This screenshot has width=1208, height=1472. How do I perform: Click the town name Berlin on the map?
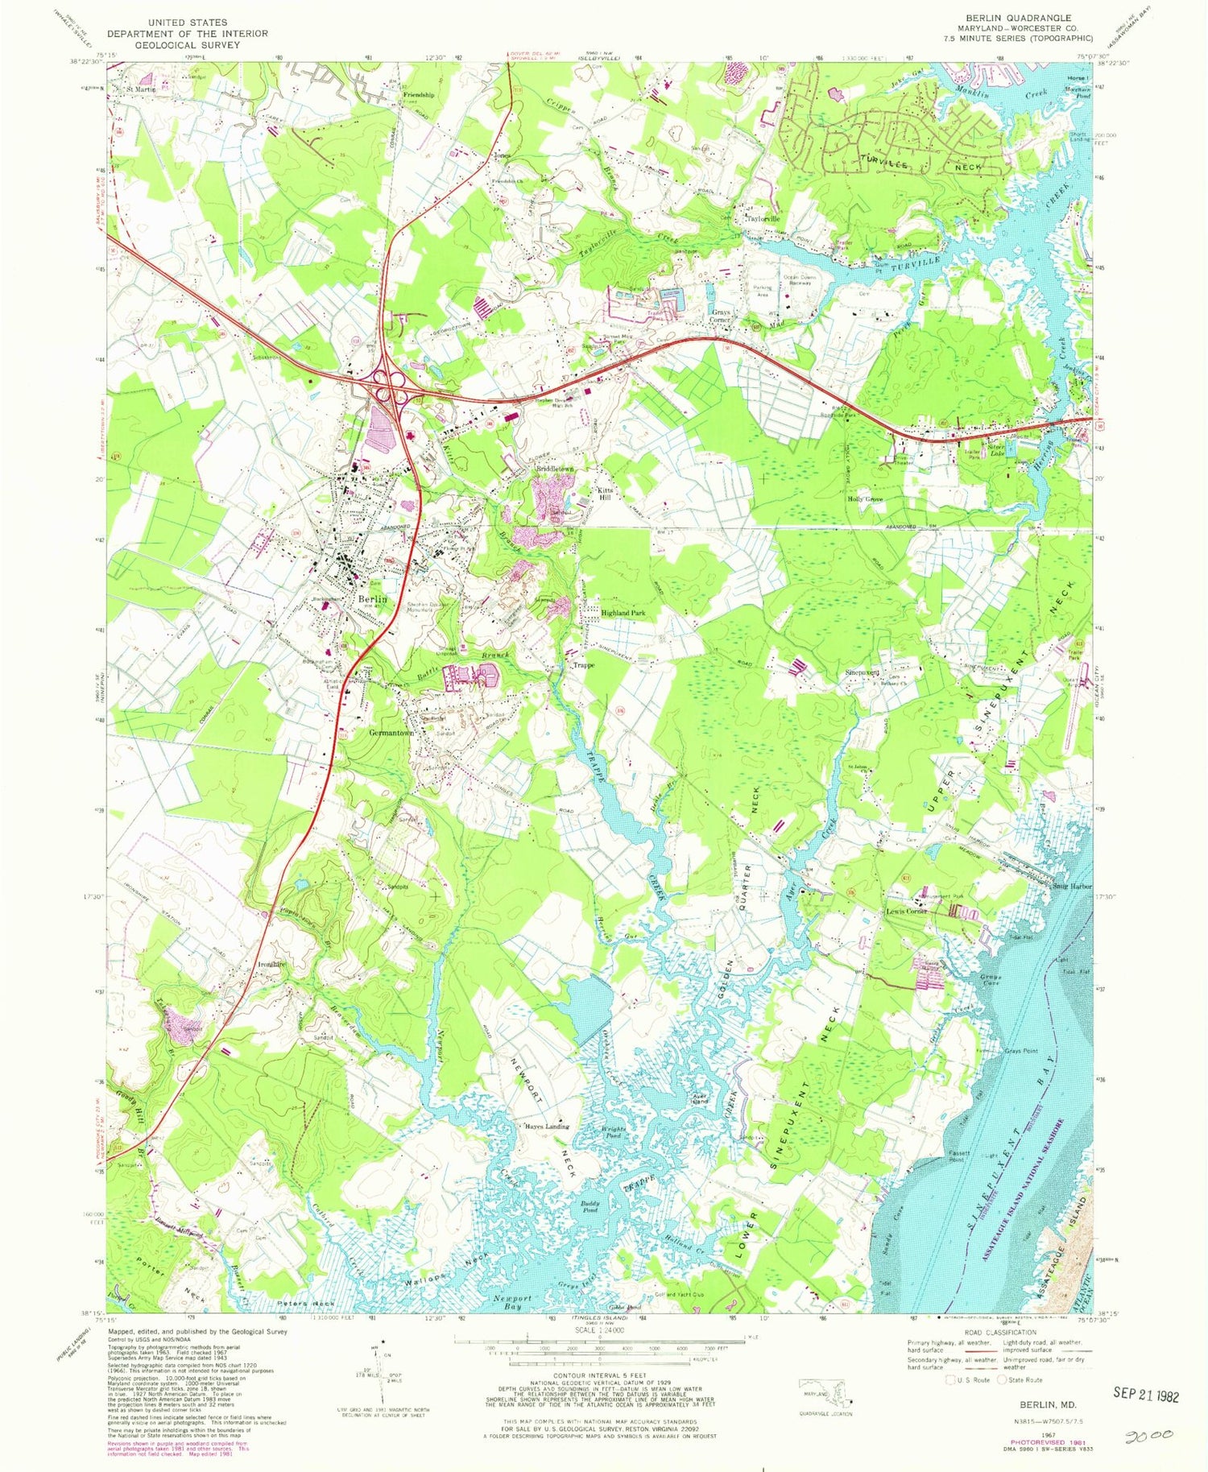pyautogui.click(x=373, y=599)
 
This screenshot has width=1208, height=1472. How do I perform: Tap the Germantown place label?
pyautogui.click(x=391, y=733)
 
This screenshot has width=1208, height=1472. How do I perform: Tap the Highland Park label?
pyautogui.click(x=623, y=613)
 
